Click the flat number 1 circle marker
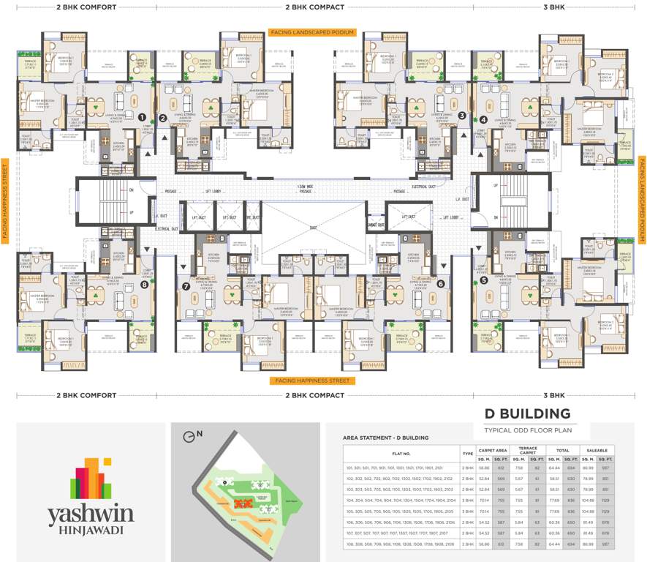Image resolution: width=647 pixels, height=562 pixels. [x=142, y=116]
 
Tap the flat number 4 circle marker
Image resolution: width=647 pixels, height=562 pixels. [x=483, y=120]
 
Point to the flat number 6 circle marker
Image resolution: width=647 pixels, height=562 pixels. [x=441, y=284]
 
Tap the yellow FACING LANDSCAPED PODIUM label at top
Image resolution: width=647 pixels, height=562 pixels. [x=312, y=33]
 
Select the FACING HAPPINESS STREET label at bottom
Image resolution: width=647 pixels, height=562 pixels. [x=312, y=381]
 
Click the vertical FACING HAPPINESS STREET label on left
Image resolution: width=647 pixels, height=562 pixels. [x=5, y=197]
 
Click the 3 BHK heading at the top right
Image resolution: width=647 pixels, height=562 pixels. [x=553, y=7]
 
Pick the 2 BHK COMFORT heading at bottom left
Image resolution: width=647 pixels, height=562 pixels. [x=86, y=395]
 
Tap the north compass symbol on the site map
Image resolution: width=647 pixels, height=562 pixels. [x=192, y=435]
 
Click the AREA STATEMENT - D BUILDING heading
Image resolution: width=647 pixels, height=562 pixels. [x=385, y=438]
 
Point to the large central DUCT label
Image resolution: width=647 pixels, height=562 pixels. [x=313, y=228]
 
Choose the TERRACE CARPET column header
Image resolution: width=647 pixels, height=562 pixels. [x=528, y=450]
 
